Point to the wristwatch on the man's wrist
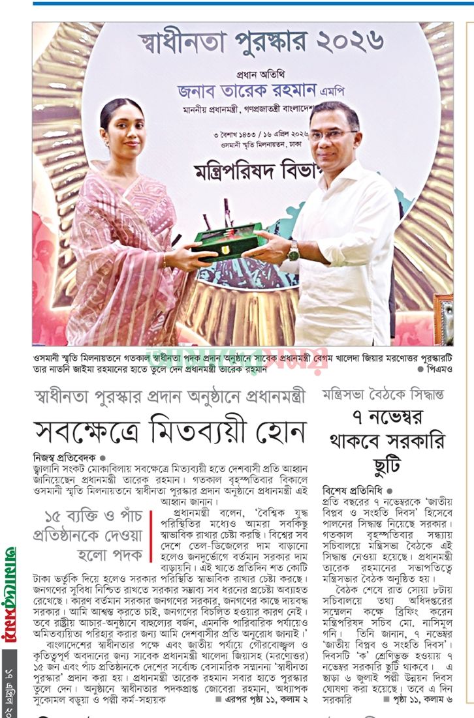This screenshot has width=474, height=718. click(293, 250)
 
